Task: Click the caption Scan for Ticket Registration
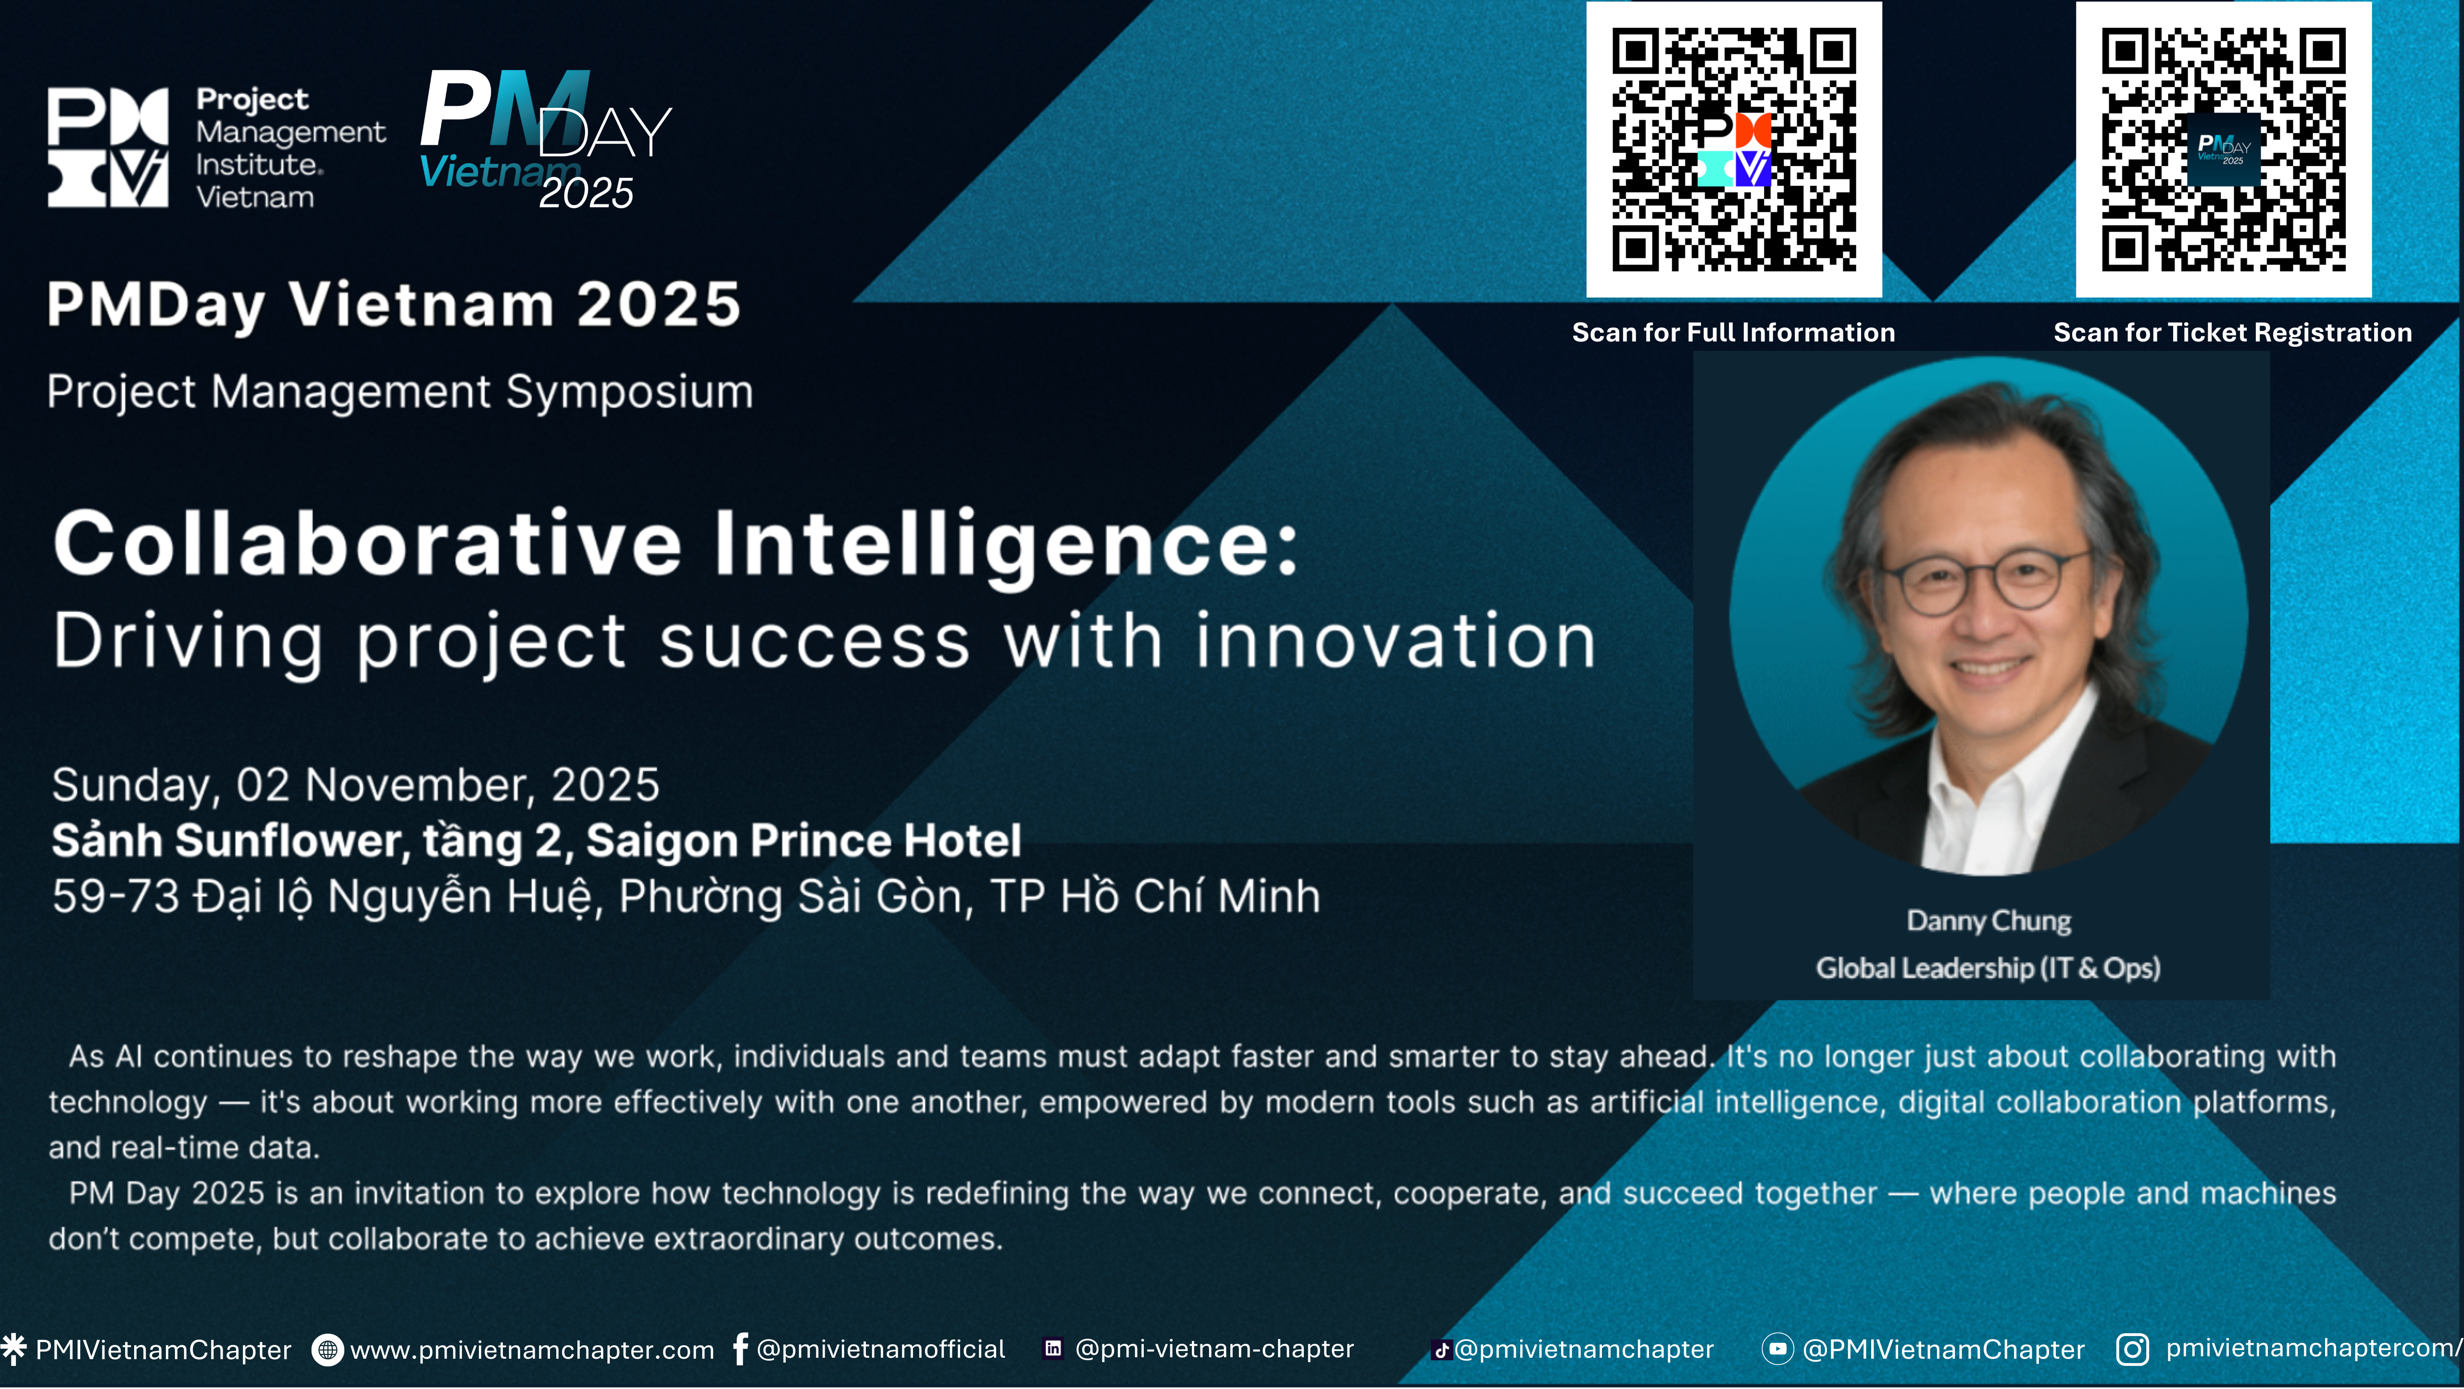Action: (x=2233, y=333)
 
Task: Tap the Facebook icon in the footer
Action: (x=740, y=1349)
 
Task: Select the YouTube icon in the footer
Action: (x=1777, y=1349)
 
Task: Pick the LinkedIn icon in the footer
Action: (x=1053, y=1349)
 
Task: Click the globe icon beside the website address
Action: (x=327, y=1350)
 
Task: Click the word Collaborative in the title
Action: (x=367, y=543)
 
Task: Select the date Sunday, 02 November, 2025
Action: (x=356, y=785)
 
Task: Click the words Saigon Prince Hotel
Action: (x=803, y=841)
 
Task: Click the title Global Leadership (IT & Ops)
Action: (x=1989, y=968)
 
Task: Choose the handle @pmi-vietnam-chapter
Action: (x=1215, y=1349)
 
